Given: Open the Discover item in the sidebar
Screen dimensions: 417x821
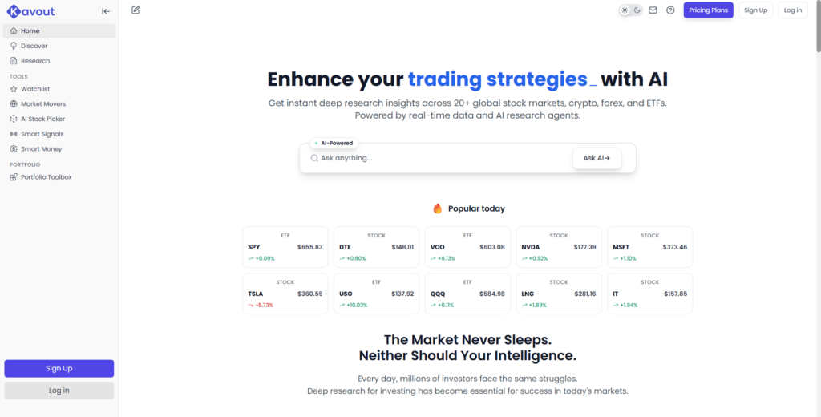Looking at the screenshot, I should pyautogui.click(x=34, y=46).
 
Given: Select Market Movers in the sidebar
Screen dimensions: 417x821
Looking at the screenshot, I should pyautogui.click(x=43, y=104).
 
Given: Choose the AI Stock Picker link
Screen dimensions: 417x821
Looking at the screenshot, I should pyautogui.click(x=42, y=119).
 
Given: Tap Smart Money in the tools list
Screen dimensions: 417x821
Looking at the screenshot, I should pyautogui.click(x=41, y=149).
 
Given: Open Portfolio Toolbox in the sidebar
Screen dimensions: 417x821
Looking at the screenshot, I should pyautogui.click(x=46, y=177).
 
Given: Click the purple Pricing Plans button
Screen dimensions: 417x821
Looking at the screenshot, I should pyautogui.click(x=708, y=10).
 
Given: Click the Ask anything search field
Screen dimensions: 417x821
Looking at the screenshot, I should pyautogui.click(x=441, y=158).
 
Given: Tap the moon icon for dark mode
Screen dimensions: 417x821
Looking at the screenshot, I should pyautogui.click(x=637, y=10).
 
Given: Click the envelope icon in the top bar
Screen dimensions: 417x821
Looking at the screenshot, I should pyautogui.click(x=653, y=10).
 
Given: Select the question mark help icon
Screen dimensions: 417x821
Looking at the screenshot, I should pyautogui.click(x=670, y=10).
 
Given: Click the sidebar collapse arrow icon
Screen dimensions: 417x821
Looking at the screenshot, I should pyautogui.click(x=106, y=11).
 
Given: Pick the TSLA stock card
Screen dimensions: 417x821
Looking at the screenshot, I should pyautogui.click(x=285, y=294).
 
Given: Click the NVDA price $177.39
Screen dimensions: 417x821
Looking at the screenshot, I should pyautogui.click(x=584, y=247).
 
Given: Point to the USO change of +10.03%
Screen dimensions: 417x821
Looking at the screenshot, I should pyautogui.click(x=355, y=306).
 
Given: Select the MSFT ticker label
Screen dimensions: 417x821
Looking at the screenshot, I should pyautogui.click(x=621, y=247).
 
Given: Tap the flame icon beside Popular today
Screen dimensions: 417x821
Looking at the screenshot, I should pyautogui.click(x=438, y=208).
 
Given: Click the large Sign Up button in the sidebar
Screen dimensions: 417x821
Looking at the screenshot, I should pyautogui.click(x=59, y=368).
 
